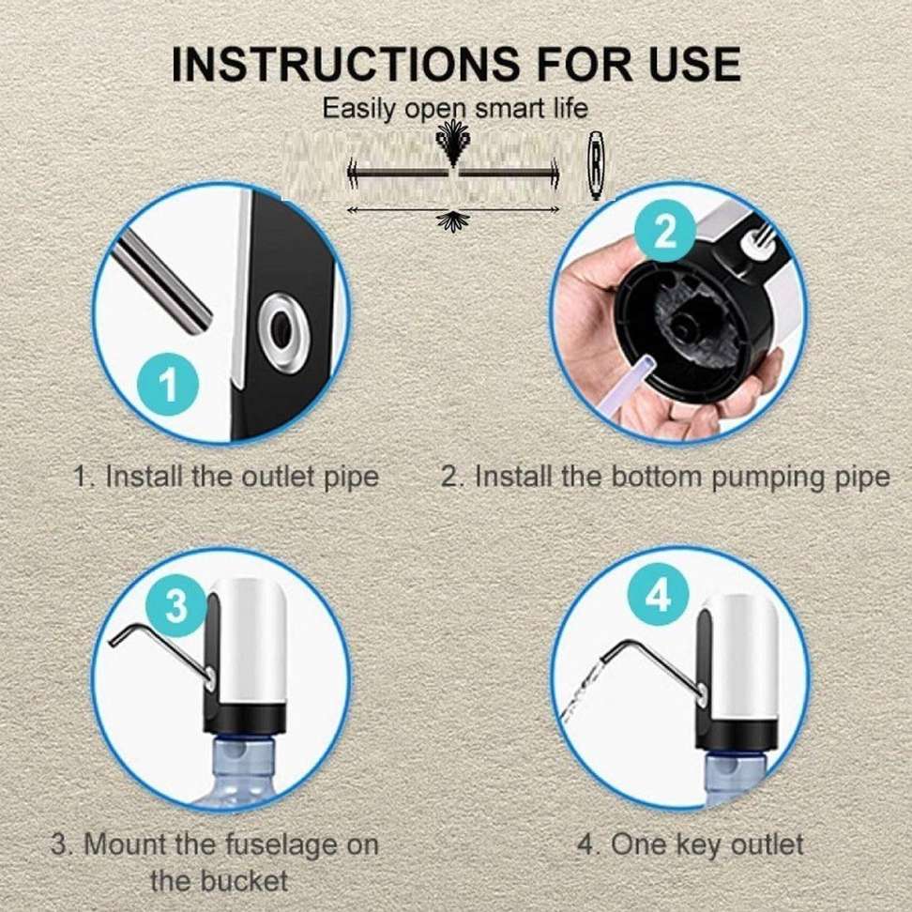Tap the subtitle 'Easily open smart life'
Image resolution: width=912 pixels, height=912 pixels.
pyautogui.click(x=455, y=108)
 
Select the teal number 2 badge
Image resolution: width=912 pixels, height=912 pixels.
pyautogui.click(x=664, y=231)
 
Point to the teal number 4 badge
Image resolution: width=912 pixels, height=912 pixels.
pyautogui.click(x=659, y=595)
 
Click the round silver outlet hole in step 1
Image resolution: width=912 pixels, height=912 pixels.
pyautogui.click(x=280, y=328)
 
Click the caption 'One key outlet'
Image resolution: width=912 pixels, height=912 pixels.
pyautogui.click(x=689, y=844)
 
